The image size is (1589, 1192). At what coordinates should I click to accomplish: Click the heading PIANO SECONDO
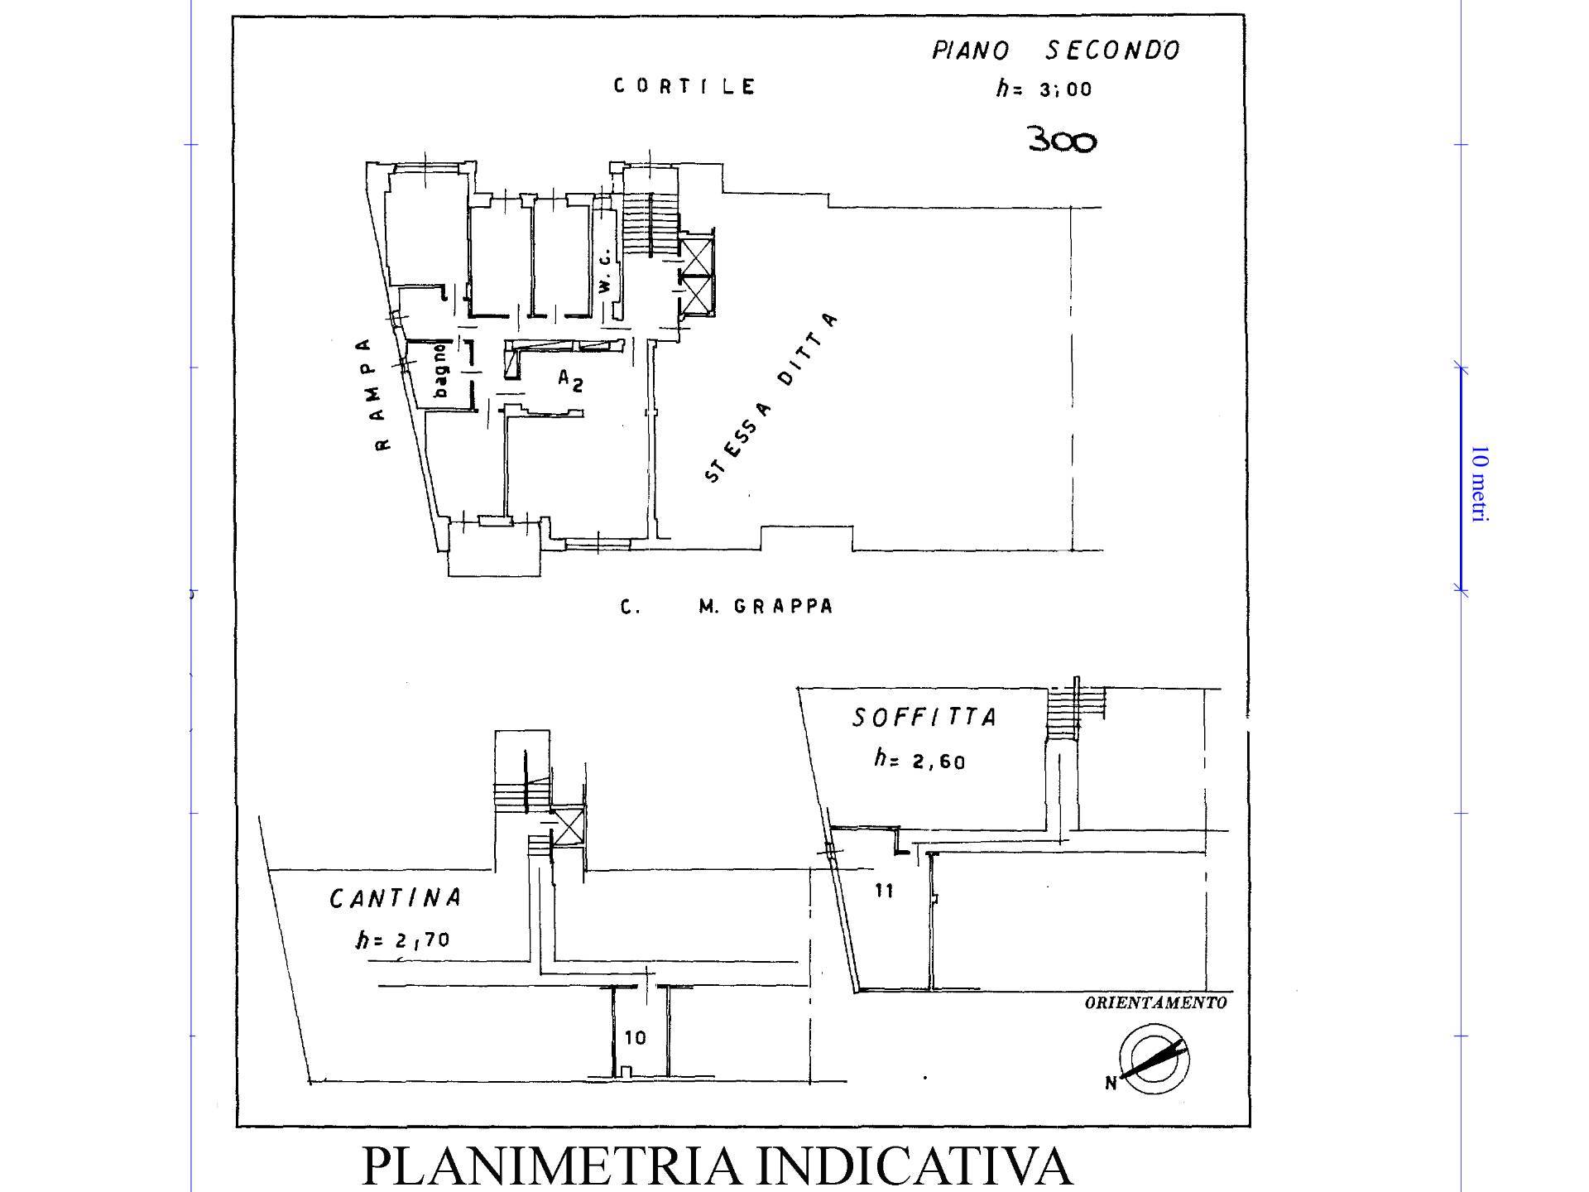click(1056, 50)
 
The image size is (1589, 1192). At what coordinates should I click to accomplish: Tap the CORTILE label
click(684, 86)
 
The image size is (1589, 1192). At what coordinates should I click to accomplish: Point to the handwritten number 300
click(1063, 140)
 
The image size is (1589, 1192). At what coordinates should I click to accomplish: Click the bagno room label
click(440, 370)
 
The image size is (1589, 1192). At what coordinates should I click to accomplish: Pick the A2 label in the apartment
click(569, 381)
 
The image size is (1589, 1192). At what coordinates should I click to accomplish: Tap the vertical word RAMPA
click(377, 394)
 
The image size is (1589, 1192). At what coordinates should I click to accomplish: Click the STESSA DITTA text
click(770, 398)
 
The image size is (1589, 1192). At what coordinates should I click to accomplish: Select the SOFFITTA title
click(924, 717)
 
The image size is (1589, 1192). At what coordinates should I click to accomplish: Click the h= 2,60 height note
click(920, 759)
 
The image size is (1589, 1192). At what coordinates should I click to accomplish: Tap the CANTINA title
click(396, 898)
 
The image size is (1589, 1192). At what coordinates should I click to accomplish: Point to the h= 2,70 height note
click(403, 940)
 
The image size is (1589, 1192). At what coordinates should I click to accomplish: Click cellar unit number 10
click(635, 1037)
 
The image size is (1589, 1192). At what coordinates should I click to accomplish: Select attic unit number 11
click(884, 891)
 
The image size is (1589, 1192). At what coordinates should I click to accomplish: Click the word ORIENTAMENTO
click(1155, 1003)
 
